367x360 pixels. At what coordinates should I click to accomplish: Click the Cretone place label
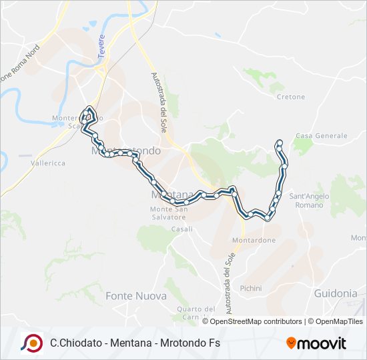coord(290,97)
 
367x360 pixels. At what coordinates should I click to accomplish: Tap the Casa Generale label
coord(321,135)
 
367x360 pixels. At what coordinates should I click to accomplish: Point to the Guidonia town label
coord(335,293)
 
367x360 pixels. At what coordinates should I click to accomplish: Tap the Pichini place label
coord(251,288)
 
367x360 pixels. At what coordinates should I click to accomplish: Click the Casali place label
coord(181,229)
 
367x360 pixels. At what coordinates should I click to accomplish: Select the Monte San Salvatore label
coord(167,213)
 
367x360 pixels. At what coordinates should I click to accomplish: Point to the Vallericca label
coord(47,163)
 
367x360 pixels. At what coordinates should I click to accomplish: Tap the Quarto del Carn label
coord(196,313)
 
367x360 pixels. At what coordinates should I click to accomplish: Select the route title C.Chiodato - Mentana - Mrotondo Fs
coord(135,343)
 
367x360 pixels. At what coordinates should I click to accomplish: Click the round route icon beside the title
coord(31,343)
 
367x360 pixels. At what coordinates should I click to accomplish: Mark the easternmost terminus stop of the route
coord(279,142)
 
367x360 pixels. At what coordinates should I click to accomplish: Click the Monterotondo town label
coord(125,151)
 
